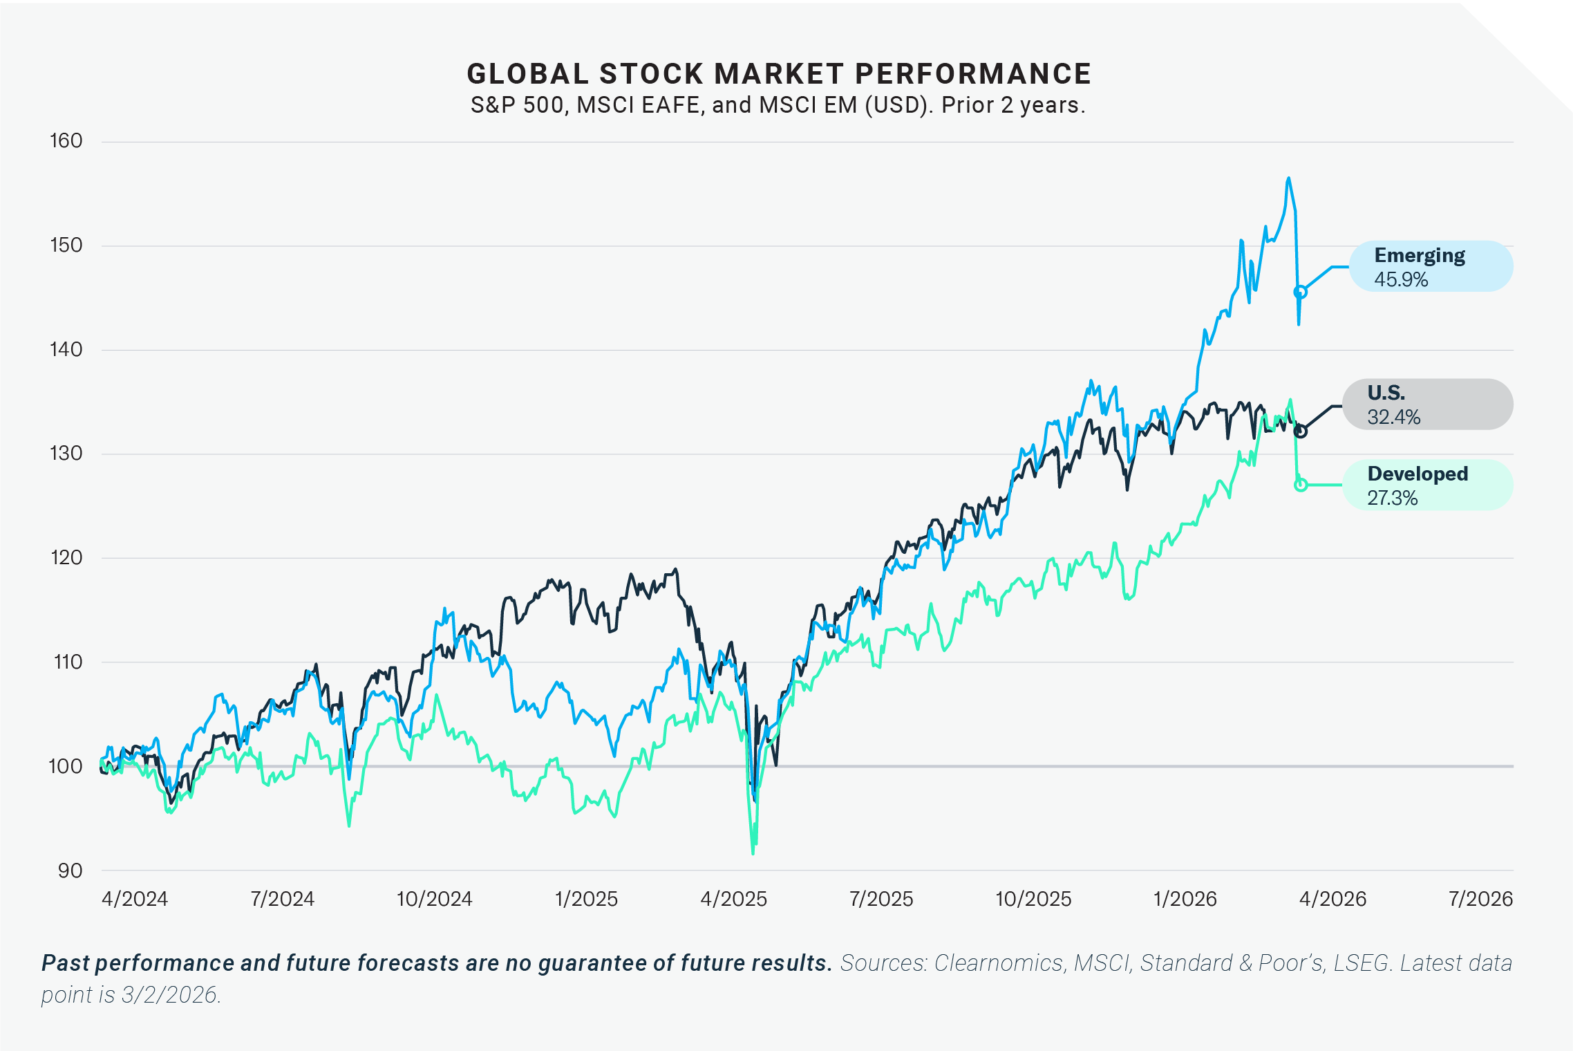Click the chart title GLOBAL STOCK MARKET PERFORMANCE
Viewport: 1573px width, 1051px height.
(x=779, y=73)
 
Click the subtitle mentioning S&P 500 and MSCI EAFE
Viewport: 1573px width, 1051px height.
(x=778, y=105)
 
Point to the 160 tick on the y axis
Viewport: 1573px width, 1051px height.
(x=66, y=141)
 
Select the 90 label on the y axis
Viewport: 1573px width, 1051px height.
(x=70, y=871)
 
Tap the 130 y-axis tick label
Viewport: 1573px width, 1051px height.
(x=66, y=454)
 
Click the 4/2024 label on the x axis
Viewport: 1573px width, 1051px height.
(x=135, y=899)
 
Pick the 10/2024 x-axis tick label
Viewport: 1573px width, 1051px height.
(x=434, y=899)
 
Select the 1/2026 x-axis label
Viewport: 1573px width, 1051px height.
(x=1185, y=899)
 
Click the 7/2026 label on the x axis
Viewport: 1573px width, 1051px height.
(x=1480, y=899)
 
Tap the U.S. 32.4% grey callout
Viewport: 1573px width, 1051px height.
(x=1427, y=404)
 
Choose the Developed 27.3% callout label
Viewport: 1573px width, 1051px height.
(x=1427, y=485)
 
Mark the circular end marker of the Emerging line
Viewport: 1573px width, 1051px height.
(x=1300, y=292)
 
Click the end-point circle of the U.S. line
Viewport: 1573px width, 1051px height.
(x=1300, y=431)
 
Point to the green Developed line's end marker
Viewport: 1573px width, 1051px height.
(x=1300, y=485)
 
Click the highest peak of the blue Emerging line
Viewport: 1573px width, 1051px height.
(x=1288, y=178)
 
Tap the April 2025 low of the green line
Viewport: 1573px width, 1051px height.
(x=753, y=853)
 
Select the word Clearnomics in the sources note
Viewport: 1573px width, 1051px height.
(x=998, y=962)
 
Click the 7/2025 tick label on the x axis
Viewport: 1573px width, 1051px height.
(x=881, y=899)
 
